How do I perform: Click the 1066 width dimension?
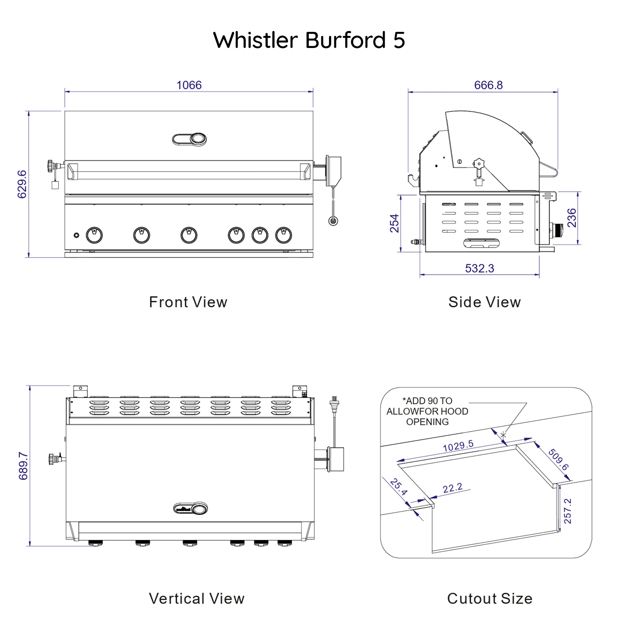[189, 85]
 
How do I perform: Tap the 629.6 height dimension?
[22, 184]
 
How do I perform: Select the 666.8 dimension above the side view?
[488, 85]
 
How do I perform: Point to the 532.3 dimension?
[479, 268]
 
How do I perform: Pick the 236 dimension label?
[572, 218]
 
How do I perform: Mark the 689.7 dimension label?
[23, 466]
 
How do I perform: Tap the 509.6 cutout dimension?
[558, 459]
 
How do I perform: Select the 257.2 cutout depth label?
[567, 511]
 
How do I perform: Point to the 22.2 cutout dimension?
[452, 488]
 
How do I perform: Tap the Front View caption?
[188, 302]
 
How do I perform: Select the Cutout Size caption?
[490, 599]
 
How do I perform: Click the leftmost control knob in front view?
[94, 235]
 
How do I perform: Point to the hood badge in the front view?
[189, 139]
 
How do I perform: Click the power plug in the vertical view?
[334, 405]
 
